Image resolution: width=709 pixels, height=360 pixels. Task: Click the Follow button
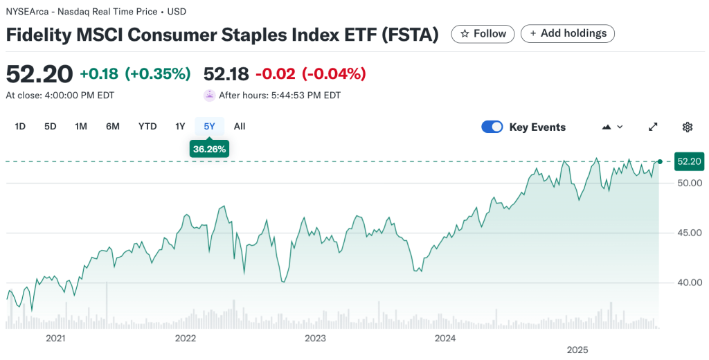point(483,33)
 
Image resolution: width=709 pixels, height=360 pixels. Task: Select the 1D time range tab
point(20,126)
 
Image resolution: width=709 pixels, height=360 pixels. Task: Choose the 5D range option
point(51,126)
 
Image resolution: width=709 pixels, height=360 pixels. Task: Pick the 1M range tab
point(81,126)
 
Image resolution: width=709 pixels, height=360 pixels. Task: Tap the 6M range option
point(113,126)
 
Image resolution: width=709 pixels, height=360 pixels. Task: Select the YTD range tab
point(147,126)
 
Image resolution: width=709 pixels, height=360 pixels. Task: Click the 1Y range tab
point(180,126)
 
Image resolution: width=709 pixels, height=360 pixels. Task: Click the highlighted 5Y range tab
point(209,126)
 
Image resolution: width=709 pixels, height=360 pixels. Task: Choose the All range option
point(240,126)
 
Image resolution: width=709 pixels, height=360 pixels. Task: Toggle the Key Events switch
point(492,127)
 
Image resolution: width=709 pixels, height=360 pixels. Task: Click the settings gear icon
point(688,127)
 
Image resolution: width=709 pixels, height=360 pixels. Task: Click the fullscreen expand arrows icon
point(653,127)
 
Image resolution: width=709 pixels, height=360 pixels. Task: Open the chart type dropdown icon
point(613,127)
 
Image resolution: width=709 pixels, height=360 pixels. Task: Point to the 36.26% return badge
point(209,149)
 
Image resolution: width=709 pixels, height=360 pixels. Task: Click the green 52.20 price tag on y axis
point(689,161)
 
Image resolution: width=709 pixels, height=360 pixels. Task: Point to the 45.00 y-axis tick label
point(690,233)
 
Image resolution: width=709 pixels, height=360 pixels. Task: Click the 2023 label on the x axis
point(315,339)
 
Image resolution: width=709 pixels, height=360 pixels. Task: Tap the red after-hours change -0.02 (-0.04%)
point(311,73)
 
